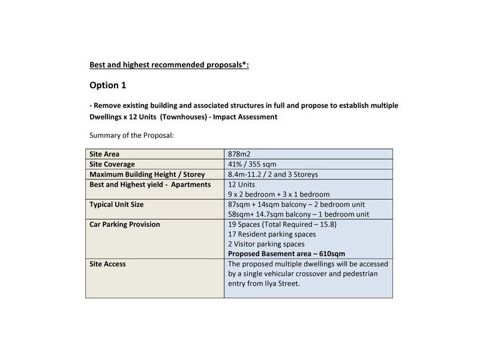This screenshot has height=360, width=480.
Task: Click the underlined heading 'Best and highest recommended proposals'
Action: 169,64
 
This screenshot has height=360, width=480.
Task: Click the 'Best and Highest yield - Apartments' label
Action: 149,184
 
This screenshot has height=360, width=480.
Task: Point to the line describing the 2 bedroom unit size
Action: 298,205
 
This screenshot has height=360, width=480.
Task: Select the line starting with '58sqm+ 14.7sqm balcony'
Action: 298,215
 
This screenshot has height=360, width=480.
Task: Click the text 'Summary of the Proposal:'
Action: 131,136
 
